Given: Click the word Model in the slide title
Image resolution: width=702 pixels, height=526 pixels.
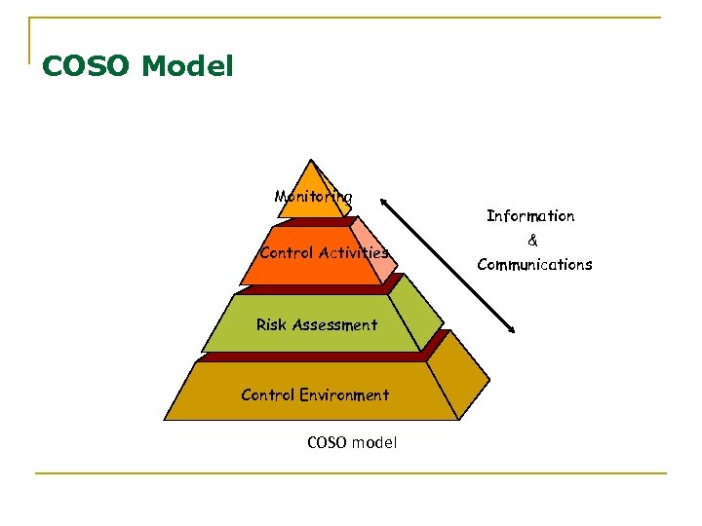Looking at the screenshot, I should pos(187,67).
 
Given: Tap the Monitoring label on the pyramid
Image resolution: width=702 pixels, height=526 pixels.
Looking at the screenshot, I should pos(313,197).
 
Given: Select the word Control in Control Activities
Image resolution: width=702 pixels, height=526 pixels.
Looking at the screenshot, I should pos(287,253).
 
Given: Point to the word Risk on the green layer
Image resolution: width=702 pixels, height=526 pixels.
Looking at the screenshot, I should pos(271,325).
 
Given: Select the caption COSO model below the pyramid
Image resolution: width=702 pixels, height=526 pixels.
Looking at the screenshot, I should pos(351,442).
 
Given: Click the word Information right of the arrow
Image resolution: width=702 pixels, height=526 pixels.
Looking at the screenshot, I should pos(530,216).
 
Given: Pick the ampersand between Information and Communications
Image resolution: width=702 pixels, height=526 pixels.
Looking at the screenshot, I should pos(532,241).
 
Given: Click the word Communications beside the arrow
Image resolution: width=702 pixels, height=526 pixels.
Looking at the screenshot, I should pos(534,265).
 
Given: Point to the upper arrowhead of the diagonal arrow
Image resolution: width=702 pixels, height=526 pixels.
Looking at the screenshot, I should pos(385,204).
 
